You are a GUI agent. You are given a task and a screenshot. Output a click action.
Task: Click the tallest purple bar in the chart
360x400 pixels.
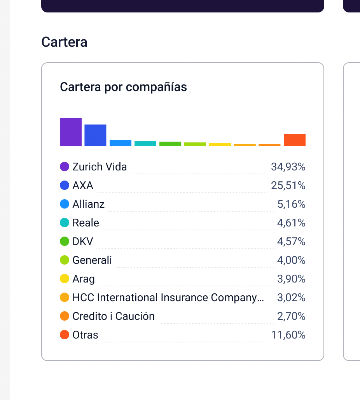(71, 132)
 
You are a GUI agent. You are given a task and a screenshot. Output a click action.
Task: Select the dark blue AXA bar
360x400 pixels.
(95, 135)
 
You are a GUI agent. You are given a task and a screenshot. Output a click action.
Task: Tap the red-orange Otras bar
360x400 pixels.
(295, 140)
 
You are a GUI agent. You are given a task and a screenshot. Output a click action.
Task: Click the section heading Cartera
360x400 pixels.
(64, 42)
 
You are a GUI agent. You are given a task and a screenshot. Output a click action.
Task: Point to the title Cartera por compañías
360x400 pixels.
(123, 87)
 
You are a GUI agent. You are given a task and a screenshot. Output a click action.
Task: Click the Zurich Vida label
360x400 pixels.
(100, 167)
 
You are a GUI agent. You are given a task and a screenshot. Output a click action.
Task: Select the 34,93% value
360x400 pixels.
(288, 167)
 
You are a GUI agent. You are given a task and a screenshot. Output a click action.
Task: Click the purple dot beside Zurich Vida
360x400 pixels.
(65, 167)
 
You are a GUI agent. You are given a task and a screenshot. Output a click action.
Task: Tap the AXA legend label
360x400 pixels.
(83, 186)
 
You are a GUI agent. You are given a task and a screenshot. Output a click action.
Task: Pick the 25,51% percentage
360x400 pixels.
(288, 186)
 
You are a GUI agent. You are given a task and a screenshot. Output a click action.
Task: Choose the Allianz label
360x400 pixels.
(88, 204)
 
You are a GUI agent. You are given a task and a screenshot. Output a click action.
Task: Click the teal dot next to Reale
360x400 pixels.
(65, 223)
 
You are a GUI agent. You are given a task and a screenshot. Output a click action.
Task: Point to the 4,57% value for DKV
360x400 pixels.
(291, 242)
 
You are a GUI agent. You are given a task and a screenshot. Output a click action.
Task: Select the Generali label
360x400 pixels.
(92, 260)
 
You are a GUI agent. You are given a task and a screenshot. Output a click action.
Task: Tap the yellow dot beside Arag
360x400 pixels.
(65, 279)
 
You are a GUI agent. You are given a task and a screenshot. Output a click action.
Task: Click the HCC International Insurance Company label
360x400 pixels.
(168, 298)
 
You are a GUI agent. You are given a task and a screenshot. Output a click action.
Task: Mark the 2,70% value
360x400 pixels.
(291, 316)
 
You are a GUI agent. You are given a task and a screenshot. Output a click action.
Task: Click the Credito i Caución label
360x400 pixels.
(114, 316)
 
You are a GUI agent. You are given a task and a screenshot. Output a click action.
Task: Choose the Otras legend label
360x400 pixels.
(85, 335)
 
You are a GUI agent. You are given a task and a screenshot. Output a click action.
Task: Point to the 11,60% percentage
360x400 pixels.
(288, 335)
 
